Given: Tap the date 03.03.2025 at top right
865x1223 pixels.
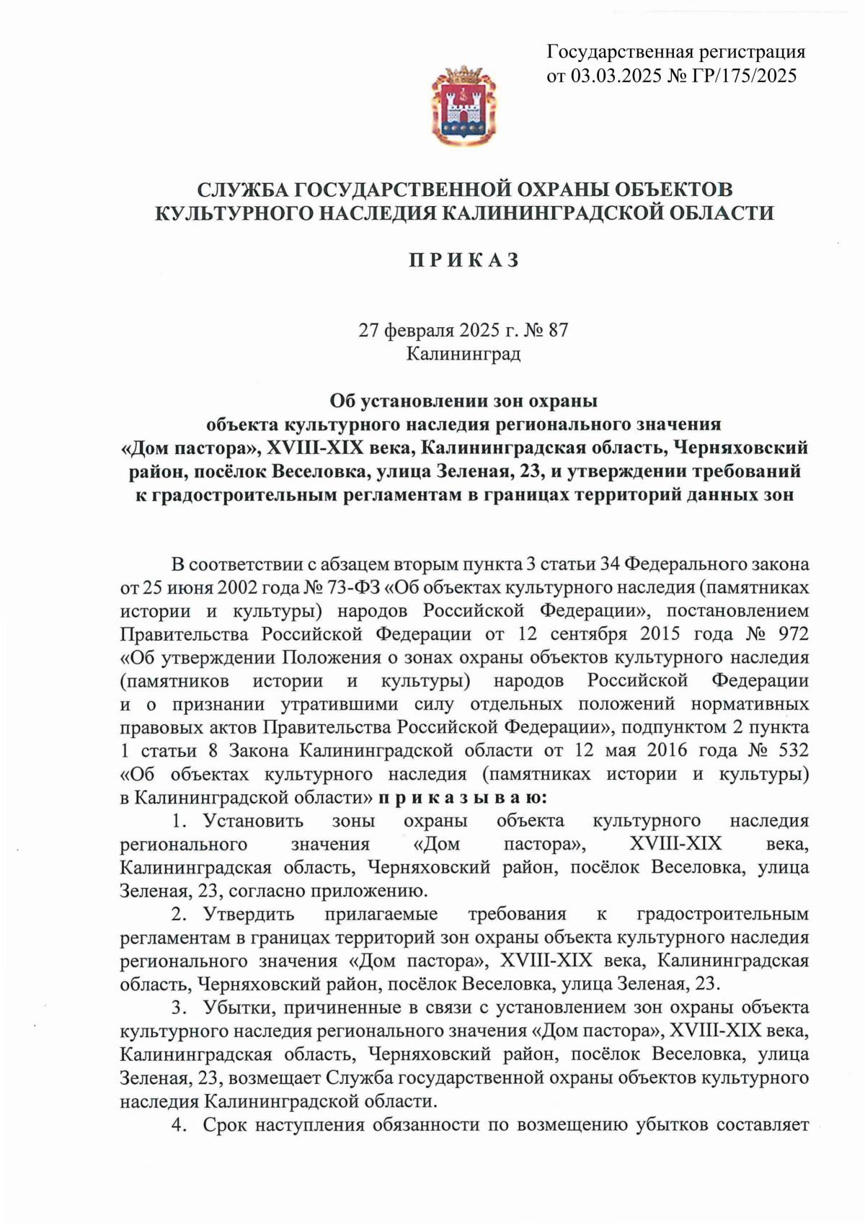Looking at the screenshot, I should [616, 76].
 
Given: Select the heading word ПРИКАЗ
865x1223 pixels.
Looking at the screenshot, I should [464, 260].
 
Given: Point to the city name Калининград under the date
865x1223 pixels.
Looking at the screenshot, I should [463, 354].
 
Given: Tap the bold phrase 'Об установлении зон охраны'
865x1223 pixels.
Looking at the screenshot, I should [463, 400].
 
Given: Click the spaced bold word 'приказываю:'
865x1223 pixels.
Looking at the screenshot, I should [462, 798].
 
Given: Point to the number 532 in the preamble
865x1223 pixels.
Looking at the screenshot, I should [793, 751].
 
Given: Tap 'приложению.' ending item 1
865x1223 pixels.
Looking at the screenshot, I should [368, 891].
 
